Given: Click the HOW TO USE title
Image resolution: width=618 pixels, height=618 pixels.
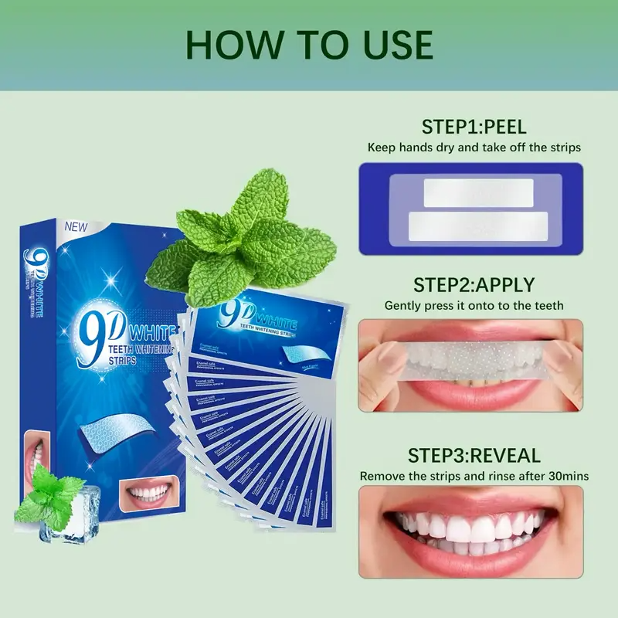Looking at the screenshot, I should pyautogui.click(x=309, y=46).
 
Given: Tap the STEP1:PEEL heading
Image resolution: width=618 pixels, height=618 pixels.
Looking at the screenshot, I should pyautogui.click(x=474, y=127).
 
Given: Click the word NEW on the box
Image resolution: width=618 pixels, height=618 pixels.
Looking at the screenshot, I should pyautogui.click(x=77, y=227).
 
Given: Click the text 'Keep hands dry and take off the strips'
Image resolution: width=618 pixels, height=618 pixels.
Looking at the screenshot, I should pyautogui.click(x=474, y=147).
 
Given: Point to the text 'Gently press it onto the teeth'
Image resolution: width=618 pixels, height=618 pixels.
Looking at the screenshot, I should pyautogui.click(x=474, y=306).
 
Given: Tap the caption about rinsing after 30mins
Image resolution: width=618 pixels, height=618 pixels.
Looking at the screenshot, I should pyautogui.click(x=474, y=476).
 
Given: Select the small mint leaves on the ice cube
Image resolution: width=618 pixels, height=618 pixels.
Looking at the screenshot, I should pyautogui.click(x=46, y=498).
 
